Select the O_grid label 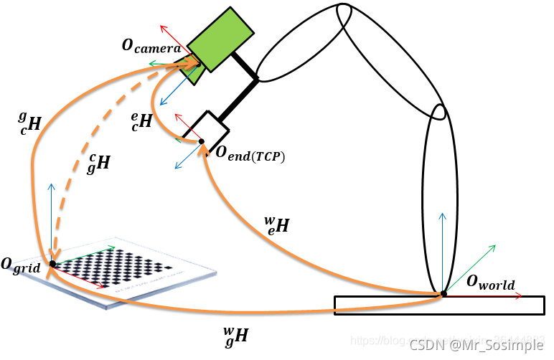(21, 267)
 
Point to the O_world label (490, 283)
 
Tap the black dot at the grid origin (52, 264)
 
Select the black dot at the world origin (443, 293)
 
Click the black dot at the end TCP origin (202, 141)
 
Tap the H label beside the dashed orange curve (99, 162)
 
